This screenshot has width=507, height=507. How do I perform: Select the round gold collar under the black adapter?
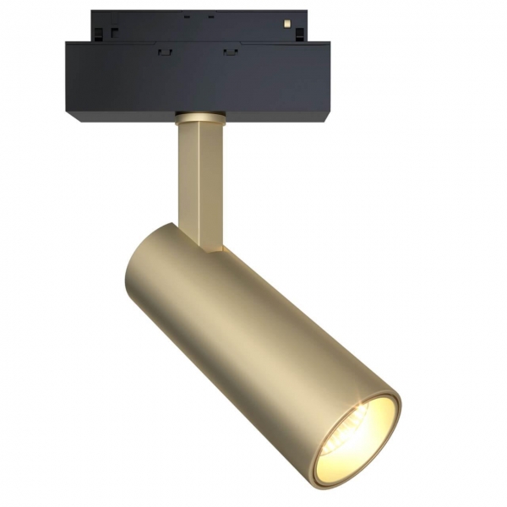pyautogui.click(x=199, y=116)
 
